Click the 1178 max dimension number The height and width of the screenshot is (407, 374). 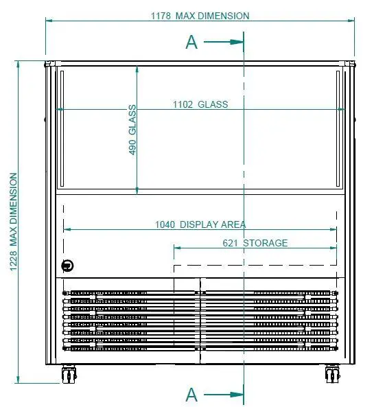click(x=161, y=16)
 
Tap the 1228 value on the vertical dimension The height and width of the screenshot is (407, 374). click(x=13, y=261)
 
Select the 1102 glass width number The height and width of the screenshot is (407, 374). click(x=183, y=104)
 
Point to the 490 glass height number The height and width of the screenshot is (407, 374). click(x=132, y=147)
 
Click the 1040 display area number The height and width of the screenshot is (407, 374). click(x=165, y=224)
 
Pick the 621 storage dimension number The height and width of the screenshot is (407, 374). click(x=230, y=243)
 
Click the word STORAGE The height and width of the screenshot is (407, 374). click(x=266, y=243)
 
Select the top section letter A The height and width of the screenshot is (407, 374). click(x=191, y=42)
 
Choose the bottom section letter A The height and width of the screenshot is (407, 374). click(x=191, y=395)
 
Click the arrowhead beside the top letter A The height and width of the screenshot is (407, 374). click(x=235, y=42)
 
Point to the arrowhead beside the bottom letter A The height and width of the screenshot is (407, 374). click(x=235, y=395)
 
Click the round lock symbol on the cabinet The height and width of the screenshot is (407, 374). click(x=67, y=266)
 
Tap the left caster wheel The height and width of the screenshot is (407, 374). click(x=69, y=374)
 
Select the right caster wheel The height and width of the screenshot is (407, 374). click(x=332, y=374)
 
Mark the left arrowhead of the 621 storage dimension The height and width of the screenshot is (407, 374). click(x=177, y=248)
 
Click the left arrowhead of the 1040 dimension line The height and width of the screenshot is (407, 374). click(x=67, y=229)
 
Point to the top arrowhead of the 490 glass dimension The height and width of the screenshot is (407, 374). click(x=137, y=69)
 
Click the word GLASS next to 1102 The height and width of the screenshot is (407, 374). click(x=213, y=104)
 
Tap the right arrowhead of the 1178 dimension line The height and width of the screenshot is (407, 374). click(x=351, y=20)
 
